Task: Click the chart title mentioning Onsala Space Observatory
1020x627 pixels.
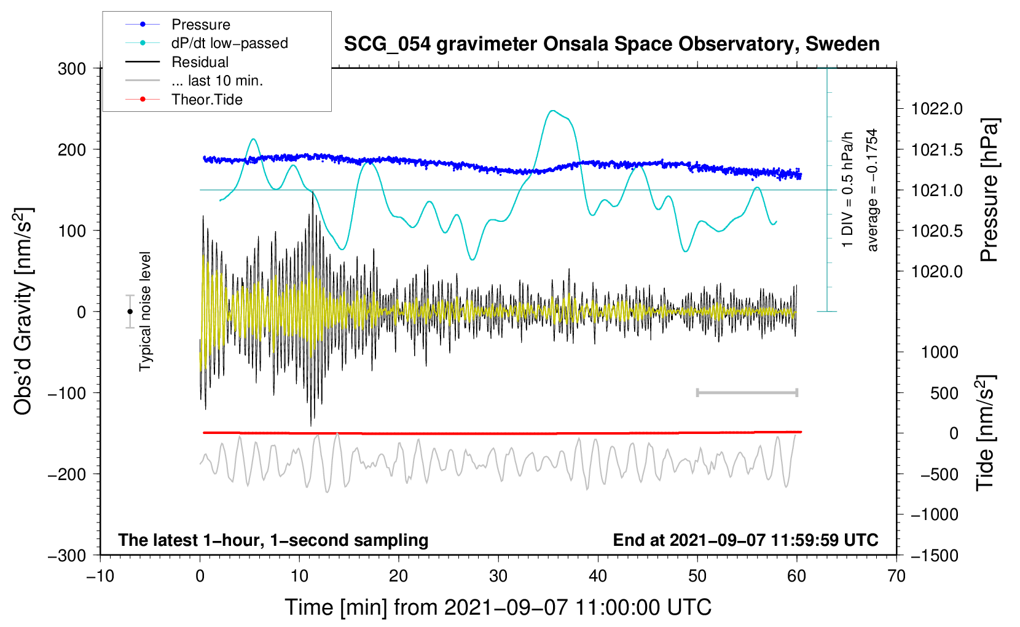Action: point(611,44)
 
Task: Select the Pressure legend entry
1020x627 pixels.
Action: point(200,25)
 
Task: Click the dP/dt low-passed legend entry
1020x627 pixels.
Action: point(229,44)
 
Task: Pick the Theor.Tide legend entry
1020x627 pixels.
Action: point(206,100)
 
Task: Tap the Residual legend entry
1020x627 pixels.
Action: point(200,62)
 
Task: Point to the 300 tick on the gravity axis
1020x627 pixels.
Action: point(72,68)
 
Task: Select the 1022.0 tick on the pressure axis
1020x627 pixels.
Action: point(936,109)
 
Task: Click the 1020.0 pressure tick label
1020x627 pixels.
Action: point(936,271)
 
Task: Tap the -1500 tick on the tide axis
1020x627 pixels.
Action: point(935,555)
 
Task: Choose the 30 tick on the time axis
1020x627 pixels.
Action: point(498,576)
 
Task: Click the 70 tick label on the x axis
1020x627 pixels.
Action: point(896,576)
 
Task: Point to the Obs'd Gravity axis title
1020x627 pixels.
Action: point(23,311)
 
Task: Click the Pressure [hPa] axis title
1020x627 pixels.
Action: point(989,190)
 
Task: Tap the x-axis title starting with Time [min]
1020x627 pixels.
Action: point(498,607)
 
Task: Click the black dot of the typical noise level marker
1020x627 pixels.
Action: point(130,312)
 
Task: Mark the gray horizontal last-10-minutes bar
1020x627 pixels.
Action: point(747,392)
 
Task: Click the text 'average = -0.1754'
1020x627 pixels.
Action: point(873,190)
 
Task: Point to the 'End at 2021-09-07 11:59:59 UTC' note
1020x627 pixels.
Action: point(745,540)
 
